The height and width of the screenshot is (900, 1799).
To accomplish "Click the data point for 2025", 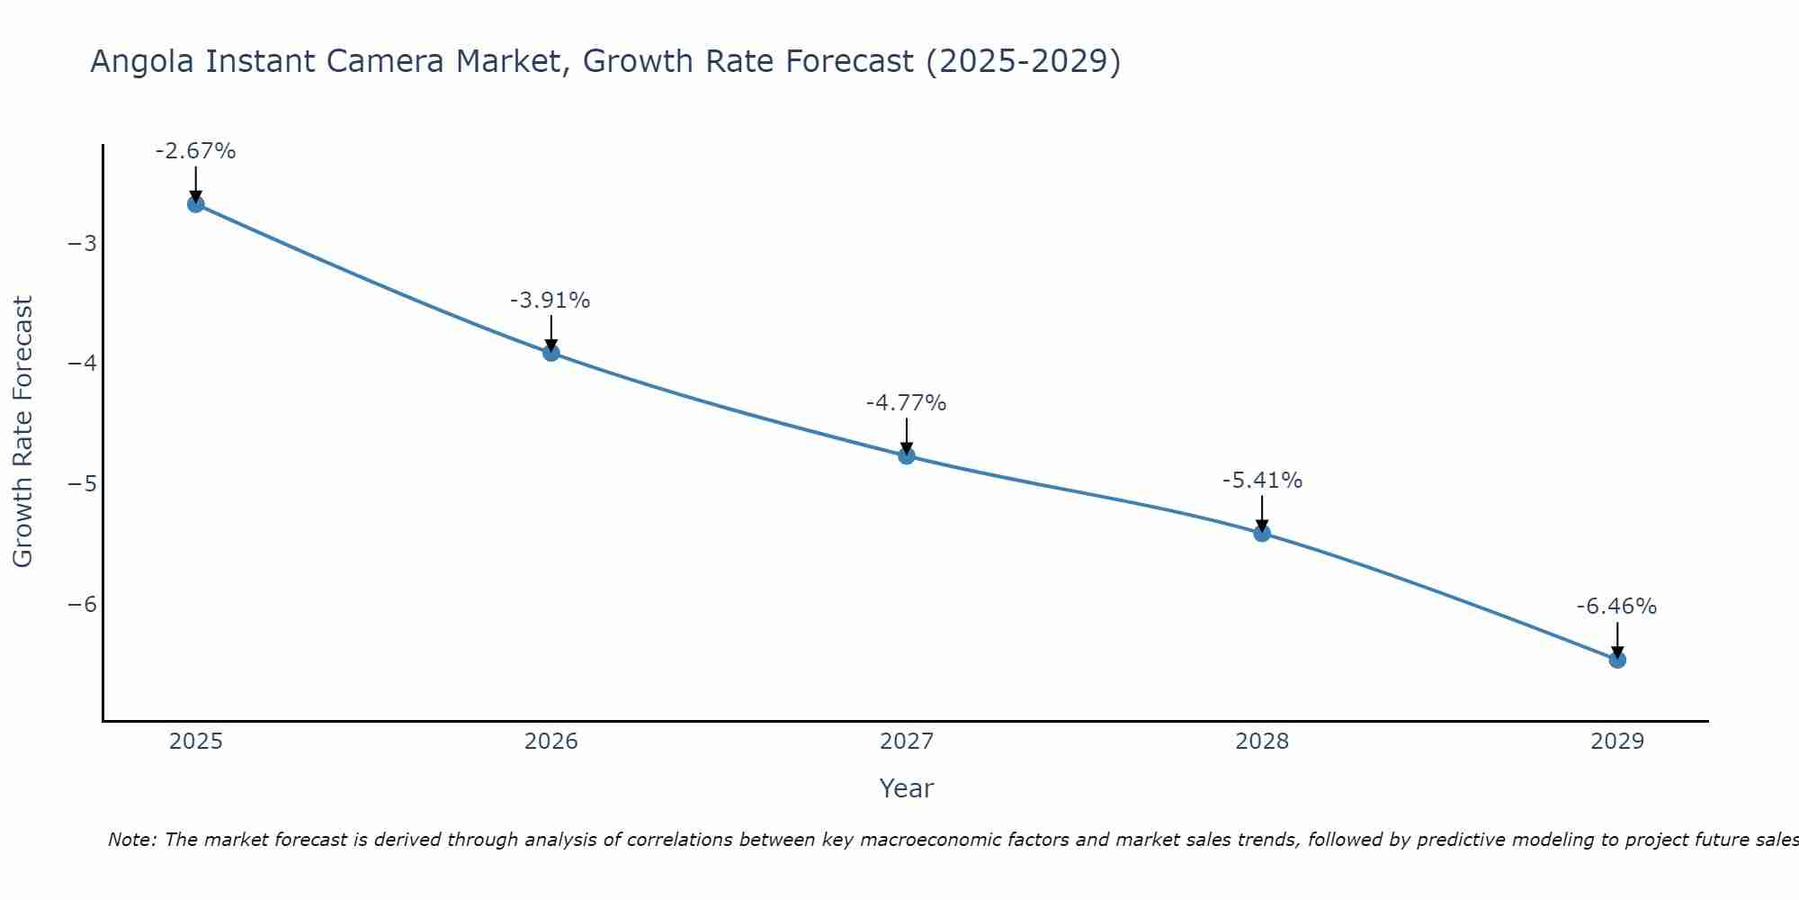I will [195, 204].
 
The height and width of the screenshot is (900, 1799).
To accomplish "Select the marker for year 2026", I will [551, 353].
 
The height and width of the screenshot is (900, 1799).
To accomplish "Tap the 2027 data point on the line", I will [907, 456].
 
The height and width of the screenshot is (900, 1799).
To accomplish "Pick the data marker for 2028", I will [1262, 533].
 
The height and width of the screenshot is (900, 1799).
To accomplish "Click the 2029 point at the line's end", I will [1617, 660].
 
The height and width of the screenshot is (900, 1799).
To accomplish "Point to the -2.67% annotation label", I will [195, 151].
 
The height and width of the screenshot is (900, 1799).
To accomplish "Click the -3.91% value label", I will [550, 301].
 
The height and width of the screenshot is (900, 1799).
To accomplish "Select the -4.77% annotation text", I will [906, 403].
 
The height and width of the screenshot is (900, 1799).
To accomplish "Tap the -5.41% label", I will [1262, 481].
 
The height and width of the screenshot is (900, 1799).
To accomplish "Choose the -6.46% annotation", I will [1616, 607].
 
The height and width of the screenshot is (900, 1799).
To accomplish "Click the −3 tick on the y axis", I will [82, 244].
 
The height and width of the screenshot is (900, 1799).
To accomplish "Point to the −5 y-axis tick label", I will [82, 484].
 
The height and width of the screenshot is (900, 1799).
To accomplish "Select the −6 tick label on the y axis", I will [82, 604].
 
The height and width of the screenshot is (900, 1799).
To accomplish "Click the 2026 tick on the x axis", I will [551, 742].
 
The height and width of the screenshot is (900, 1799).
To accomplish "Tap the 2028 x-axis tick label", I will [1262, 742].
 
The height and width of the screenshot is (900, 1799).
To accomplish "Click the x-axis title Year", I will [907, 788].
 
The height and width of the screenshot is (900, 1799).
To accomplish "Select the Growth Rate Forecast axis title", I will [22, 432].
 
